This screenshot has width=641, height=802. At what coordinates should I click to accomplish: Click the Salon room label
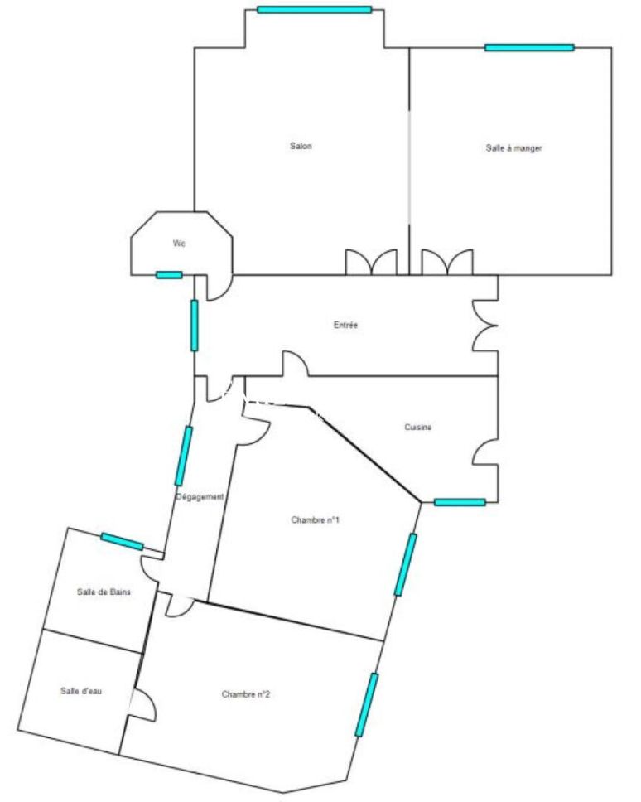coord(301,147)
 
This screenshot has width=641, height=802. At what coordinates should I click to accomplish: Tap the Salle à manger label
coord(513,148)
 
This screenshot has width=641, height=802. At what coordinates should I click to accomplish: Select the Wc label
coord(179,244)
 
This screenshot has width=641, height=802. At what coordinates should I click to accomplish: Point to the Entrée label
coord(345,325)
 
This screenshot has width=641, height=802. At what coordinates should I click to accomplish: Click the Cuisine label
coord(417,427)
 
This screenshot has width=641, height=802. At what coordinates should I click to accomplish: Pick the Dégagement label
coord(200,496)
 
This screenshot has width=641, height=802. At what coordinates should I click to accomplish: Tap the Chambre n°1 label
coord(315,520)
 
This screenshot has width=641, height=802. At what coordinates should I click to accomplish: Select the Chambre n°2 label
coord(246,694)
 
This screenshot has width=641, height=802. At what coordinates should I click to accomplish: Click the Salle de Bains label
coord(104,592)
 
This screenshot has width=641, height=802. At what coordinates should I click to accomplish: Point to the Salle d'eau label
coord(81,691)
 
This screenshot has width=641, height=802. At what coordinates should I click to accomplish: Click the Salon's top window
coord(315,10)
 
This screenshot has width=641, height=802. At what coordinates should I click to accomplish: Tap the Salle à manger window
coord(529,48)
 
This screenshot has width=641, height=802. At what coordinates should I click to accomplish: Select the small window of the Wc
coord(169,275)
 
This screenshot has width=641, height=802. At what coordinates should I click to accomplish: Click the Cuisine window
coord(460,502)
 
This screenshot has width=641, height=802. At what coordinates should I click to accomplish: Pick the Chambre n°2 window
coord(367,705)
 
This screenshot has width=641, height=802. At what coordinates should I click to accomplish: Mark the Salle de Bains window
coord(123,541)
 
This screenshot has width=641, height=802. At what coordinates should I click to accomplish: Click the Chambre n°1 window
coord(405,564)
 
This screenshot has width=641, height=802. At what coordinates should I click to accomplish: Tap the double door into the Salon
coord(372,262)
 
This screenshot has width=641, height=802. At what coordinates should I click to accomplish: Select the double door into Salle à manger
coord(447,262)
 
